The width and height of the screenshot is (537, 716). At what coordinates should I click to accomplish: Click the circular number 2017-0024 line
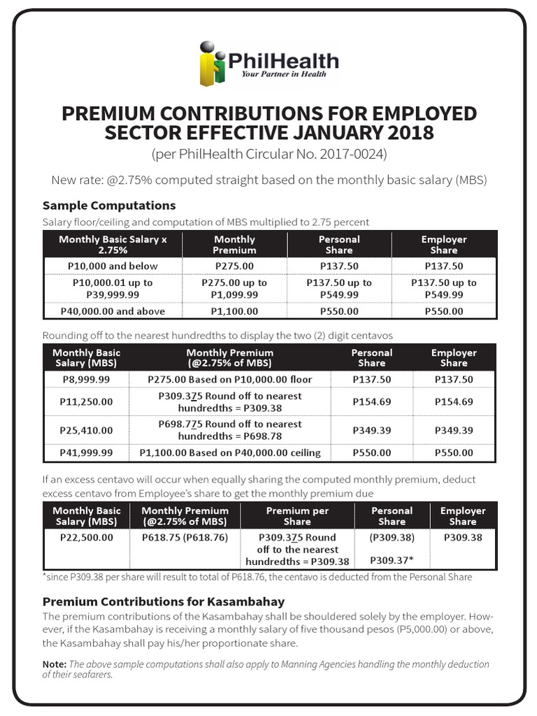(x=268, y=153)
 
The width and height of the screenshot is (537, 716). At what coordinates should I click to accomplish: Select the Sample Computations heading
(x=109, y=205)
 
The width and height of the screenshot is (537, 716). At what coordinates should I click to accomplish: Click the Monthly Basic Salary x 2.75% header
(x=113, y=244)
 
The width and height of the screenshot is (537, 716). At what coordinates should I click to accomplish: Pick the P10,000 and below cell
(x=113, y=266)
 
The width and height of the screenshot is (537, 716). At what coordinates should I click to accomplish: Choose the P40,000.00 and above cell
(x=113, y=311)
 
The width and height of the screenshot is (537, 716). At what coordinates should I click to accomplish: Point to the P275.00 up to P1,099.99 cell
(x=234, y=289)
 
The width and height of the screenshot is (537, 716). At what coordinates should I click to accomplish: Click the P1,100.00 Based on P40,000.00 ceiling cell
(x=230, y=452)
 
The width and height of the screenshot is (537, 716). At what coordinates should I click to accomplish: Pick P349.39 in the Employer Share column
(x=454, y=430)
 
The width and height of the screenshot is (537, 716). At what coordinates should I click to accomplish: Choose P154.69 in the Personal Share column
(x=371, y=401)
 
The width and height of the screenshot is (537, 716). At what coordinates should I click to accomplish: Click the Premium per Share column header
(x=297, y=516)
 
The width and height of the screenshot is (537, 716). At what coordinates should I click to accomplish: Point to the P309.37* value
(x=392, y=560)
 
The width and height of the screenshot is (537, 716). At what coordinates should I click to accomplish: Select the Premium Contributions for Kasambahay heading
(x=164, y=601)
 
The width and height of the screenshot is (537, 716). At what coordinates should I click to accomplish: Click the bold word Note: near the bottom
(x=55, y=664)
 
